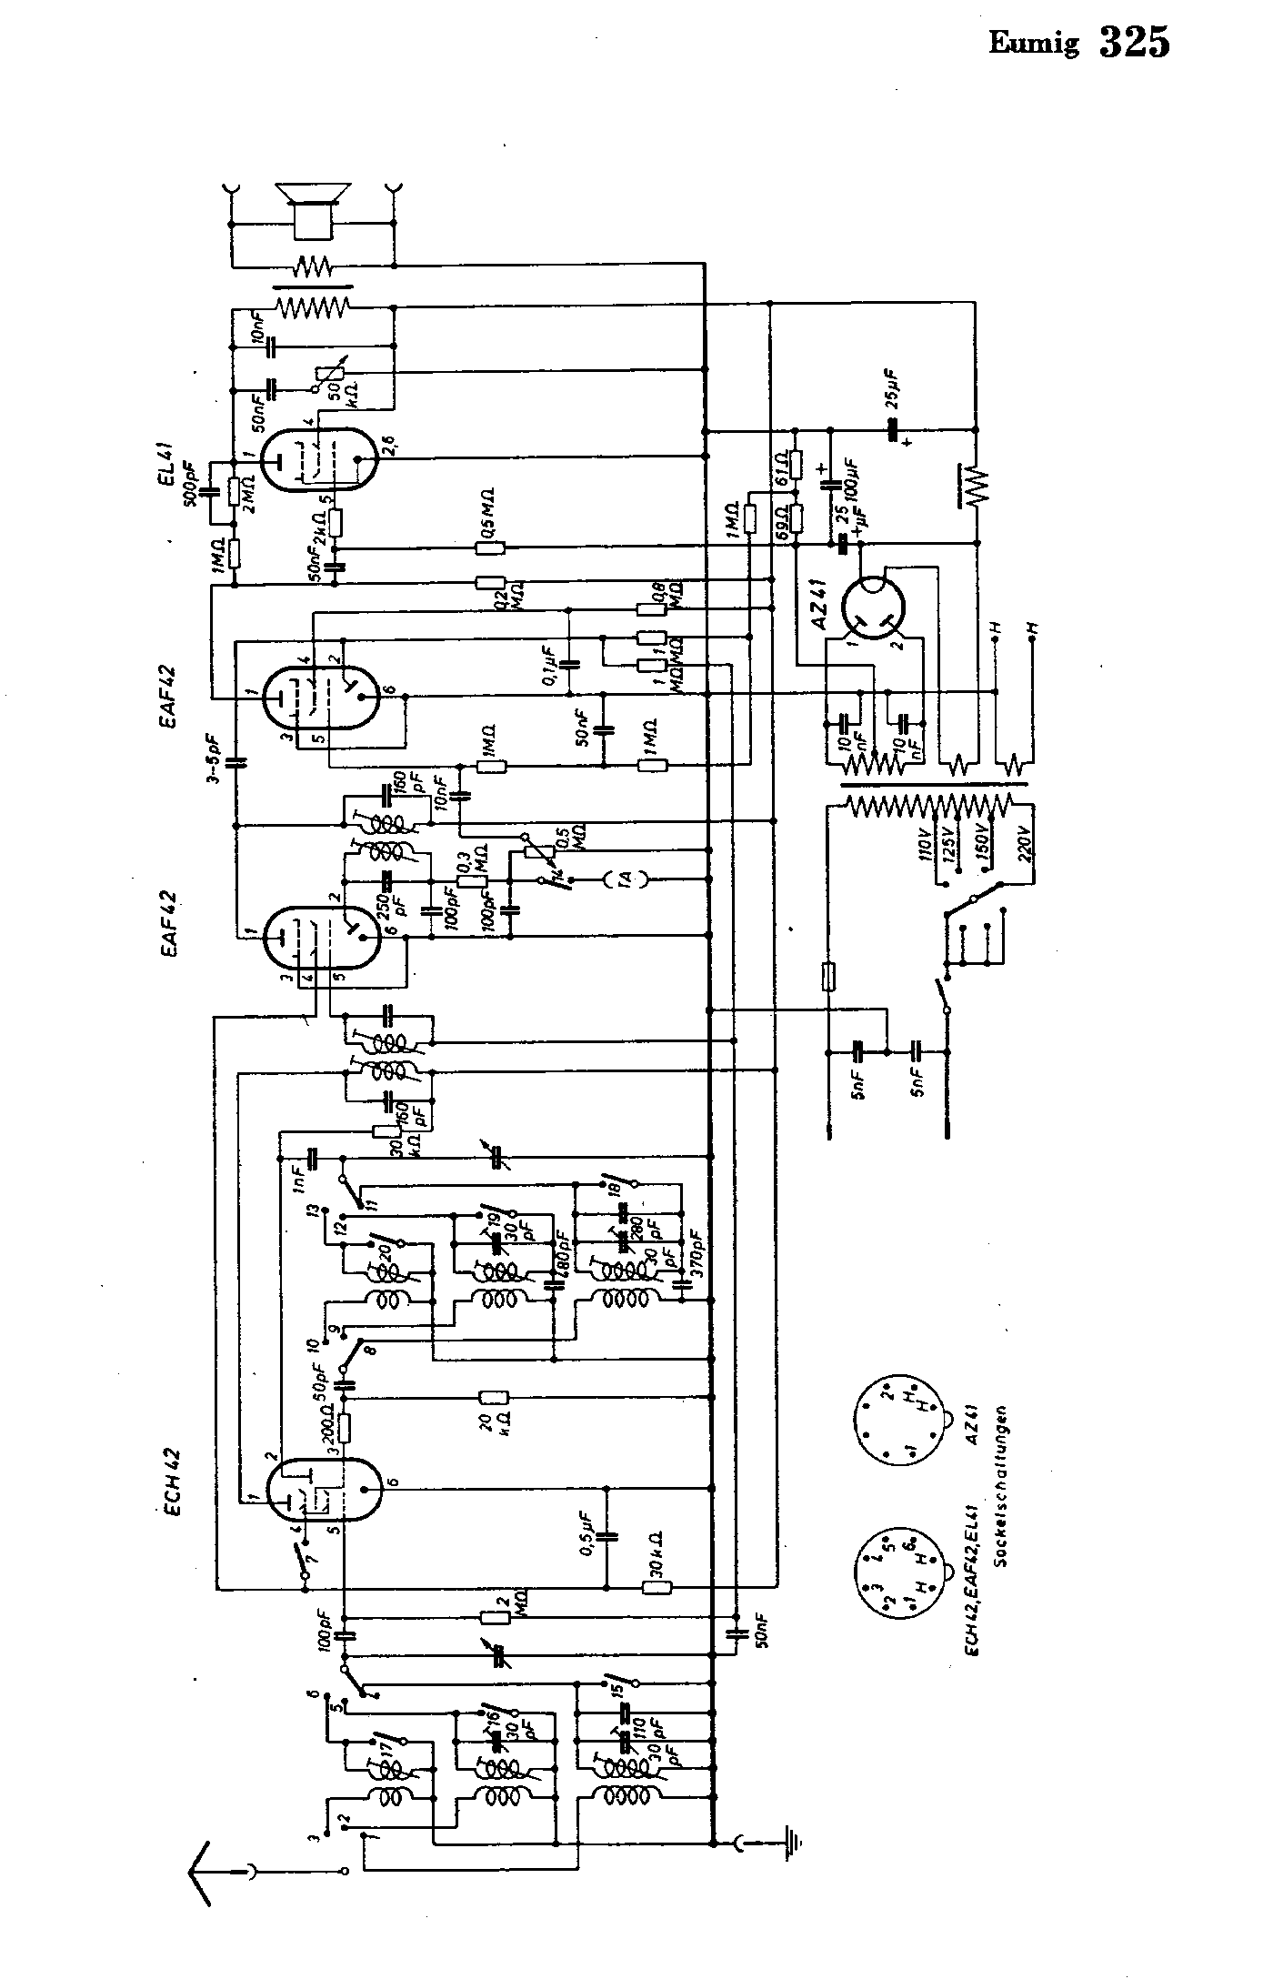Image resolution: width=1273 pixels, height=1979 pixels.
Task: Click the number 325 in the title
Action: tap(1134, 43)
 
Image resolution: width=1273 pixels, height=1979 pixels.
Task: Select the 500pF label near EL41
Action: tap(193, 491)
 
